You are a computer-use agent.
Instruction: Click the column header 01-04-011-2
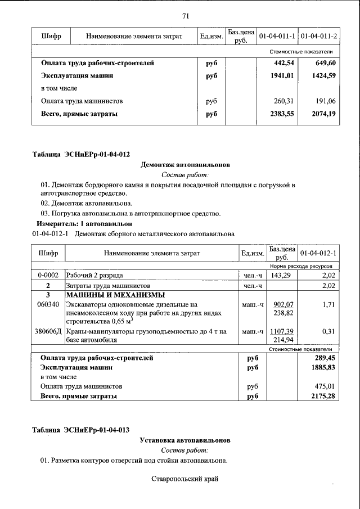pyautogui.click(x=319, y=37)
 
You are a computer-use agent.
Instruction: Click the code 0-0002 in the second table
pyautogui.click(x=49, y=276)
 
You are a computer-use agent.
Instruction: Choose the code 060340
pyautogui.click(x=49, y=304)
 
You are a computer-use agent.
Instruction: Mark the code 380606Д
pyautogui.click(x=49, y=332)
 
